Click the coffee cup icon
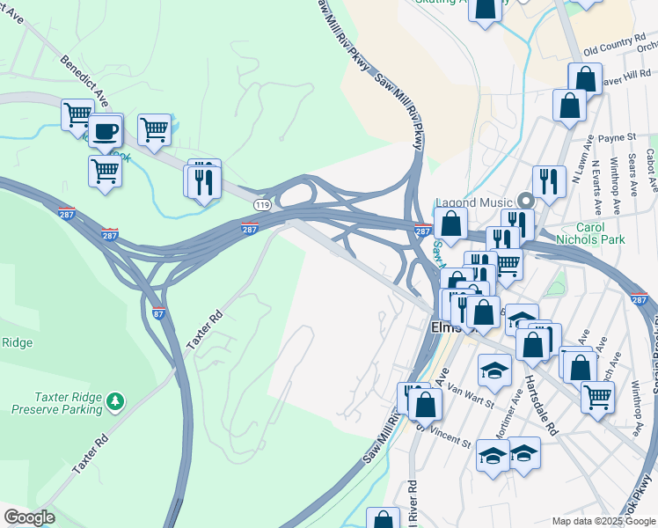coord(106,132)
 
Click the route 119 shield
coord(262,204)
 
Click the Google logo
coord(29,517)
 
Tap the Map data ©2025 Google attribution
coord(603,521)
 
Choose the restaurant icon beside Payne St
coord(549,181)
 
